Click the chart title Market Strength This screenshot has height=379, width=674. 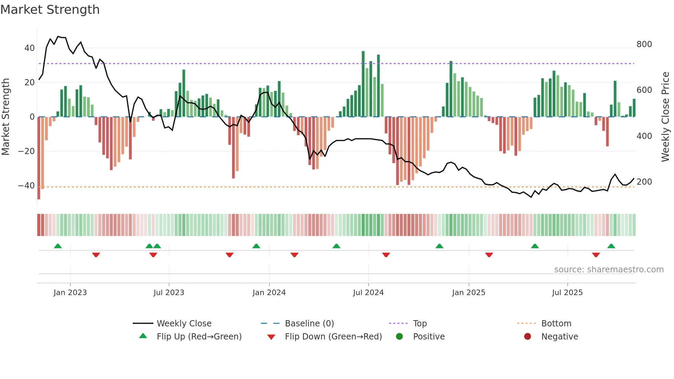click(50, 10)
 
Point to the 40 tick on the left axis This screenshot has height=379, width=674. click(29, 48)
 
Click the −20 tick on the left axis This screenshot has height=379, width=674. click(26, 151)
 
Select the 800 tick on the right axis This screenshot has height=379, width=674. click(644, 44)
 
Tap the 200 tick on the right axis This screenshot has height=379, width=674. click(644, 182)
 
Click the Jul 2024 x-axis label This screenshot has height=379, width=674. click(368, 293)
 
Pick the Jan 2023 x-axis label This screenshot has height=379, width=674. click(70, 293)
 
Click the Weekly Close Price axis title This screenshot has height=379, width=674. click(665, 117)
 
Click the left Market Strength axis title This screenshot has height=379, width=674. click(6, 117)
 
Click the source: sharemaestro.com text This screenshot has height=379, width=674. click(609, 270)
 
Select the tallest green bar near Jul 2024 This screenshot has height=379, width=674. click(363, 84)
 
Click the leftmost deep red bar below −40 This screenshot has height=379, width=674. click(39, 158)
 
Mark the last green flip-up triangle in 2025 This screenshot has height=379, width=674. click(611, 246)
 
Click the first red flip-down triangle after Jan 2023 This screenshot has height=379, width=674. click(96, 255)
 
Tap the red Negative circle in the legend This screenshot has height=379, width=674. click(528, 337)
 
